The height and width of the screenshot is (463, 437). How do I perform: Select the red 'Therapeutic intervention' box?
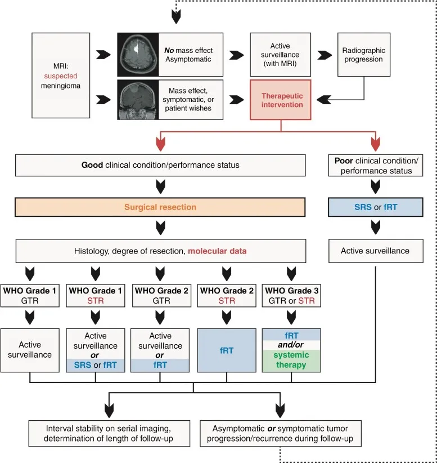282,100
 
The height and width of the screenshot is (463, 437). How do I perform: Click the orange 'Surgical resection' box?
161,207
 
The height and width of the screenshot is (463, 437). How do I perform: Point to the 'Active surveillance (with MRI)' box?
282,55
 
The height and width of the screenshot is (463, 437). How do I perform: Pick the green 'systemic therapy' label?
291,360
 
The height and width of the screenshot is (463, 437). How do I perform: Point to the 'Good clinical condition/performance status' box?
161,165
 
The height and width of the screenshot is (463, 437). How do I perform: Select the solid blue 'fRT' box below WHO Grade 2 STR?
226,349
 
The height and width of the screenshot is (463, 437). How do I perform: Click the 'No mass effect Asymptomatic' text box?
188,55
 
